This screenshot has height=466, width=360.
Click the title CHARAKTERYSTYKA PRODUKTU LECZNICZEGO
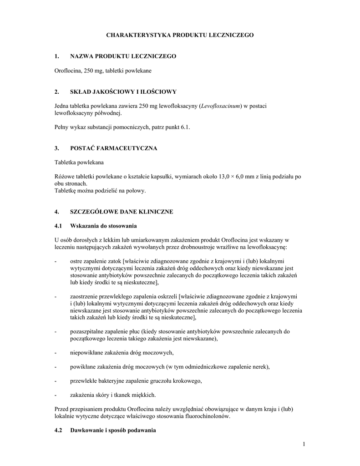180,35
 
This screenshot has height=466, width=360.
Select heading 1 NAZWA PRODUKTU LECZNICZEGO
123,56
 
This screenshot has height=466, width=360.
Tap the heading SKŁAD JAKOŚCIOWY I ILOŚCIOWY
120,92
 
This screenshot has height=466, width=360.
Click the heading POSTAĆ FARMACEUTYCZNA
114,149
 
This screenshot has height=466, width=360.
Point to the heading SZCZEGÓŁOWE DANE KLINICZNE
122,212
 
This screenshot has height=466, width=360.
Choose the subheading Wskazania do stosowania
103,226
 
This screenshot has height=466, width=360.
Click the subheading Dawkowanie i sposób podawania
113,431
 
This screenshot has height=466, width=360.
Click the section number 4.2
58,431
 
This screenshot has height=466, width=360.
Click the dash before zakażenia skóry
55,395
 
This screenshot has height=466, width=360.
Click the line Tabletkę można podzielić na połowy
100,191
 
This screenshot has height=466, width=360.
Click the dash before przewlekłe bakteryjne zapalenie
55,381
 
